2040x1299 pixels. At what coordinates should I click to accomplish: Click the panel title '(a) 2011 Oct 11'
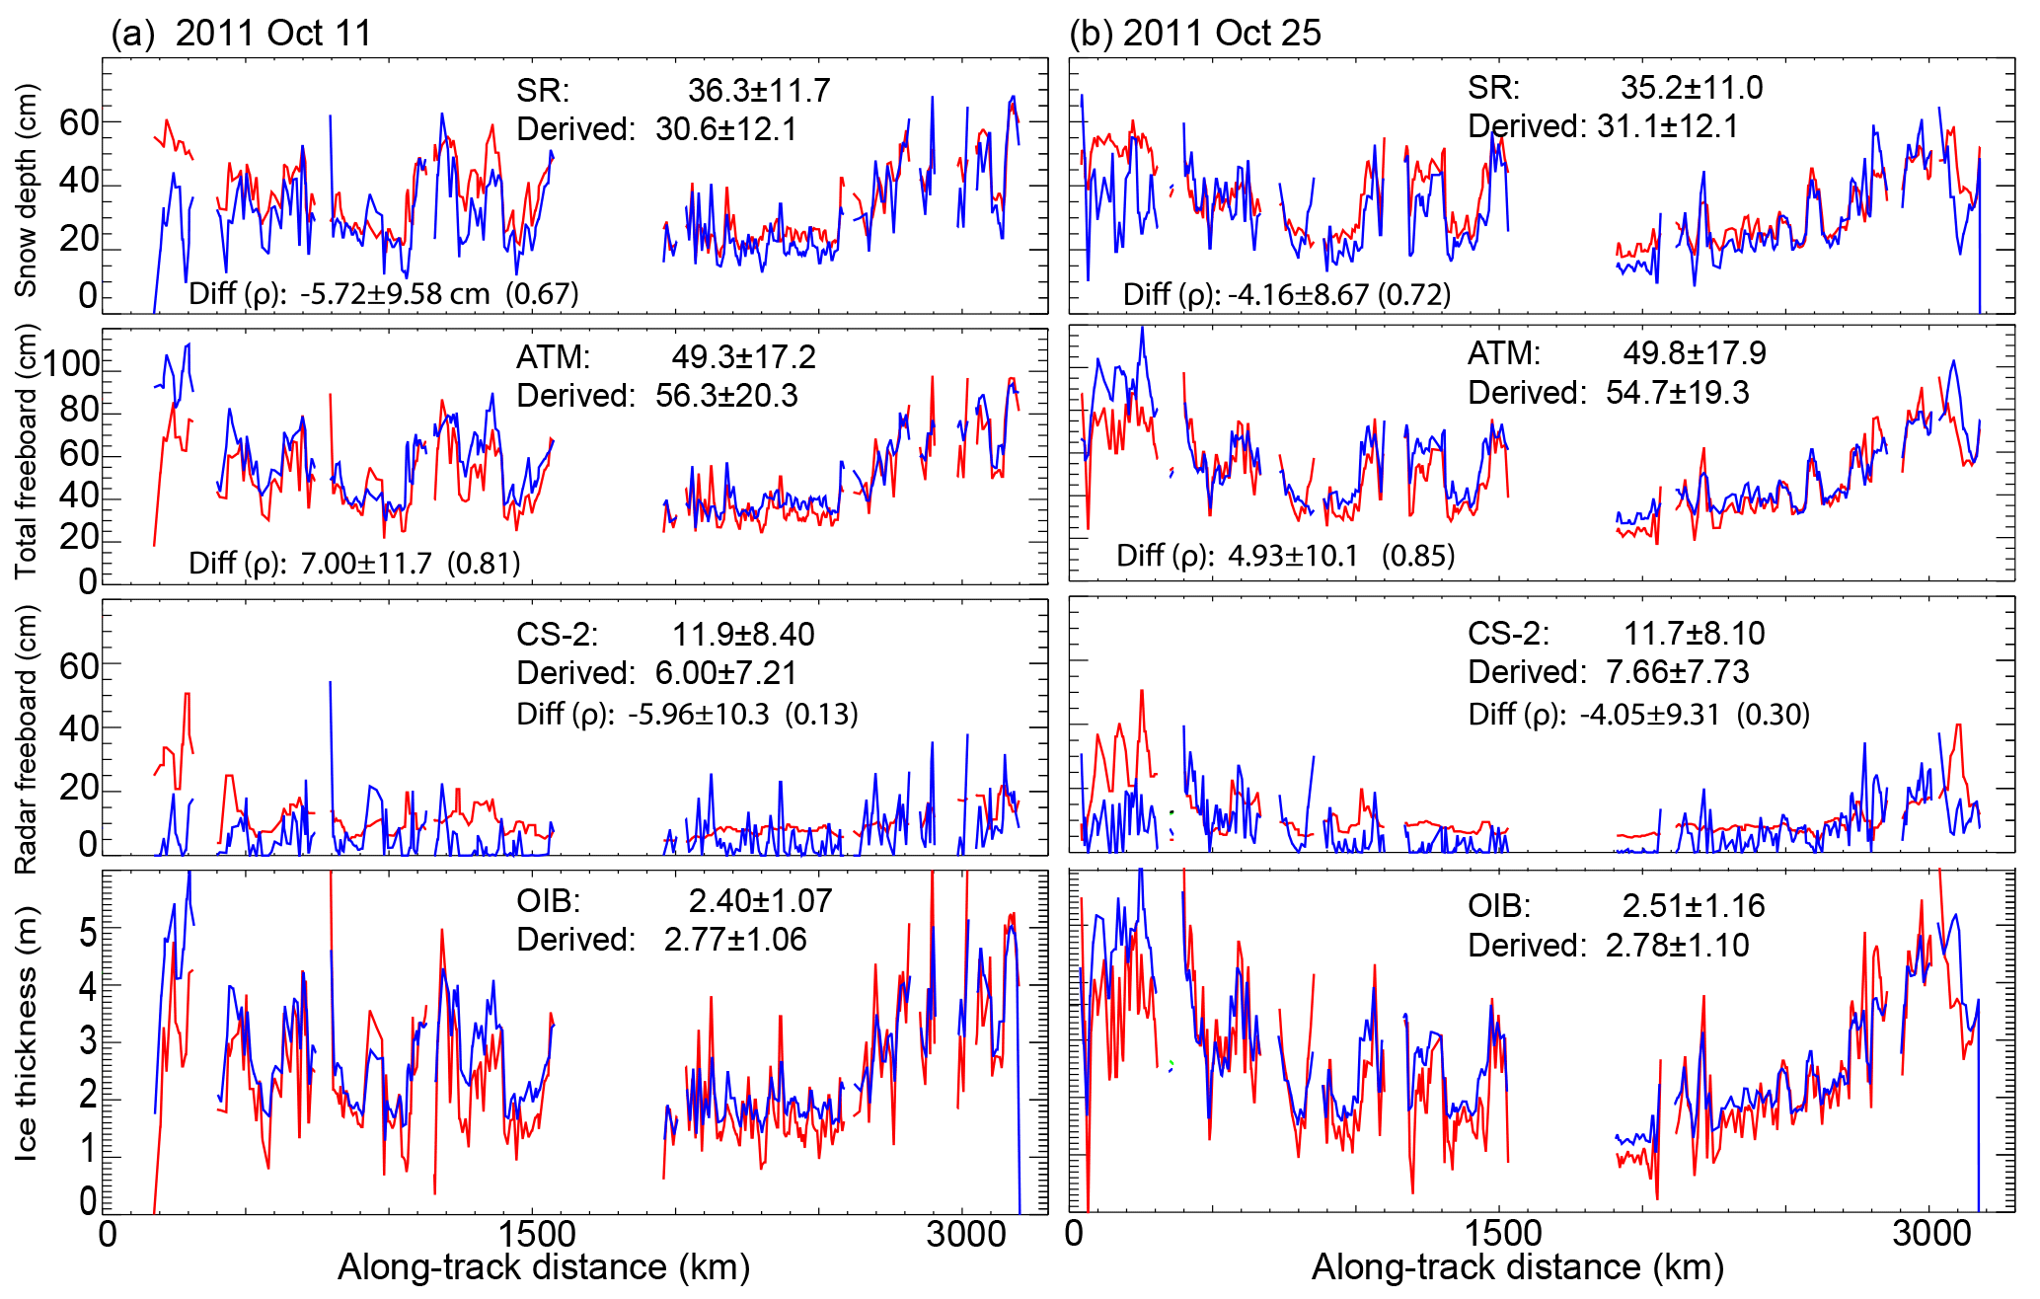pyautogui.click(x=241, y=33)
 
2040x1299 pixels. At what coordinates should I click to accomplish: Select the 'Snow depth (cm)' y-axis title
pyautogui.click(x=26, y=190)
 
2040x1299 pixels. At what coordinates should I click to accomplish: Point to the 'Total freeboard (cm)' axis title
pyautogui.click(x=26, y=452)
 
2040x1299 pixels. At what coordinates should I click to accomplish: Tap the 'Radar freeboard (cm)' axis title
pyautogui.click(x=26, y=738)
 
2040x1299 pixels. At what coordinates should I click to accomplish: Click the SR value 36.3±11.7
pyautogui.click(x=759, y=91)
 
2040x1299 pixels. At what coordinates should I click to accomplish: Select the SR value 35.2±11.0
pyautogui.click(x=1692, y=88)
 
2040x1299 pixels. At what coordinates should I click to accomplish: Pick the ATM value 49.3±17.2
pyautogui.click(x=744, y=357)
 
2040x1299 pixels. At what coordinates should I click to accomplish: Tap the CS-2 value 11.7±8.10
pyautogui.click(x=1695, y=634)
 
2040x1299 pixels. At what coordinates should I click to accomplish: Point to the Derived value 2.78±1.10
pyautogui.click(x=1677, y=946)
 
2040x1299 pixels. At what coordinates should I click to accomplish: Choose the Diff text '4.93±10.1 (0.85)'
pyautogui.click(x=1341, y=556)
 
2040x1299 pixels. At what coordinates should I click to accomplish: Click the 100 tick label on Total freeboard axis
pyautogui.click(x=71, y=364)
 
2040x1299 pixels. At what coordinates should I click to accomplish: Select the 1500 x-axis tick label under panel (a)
pyautogui.click(x=536, y=1234)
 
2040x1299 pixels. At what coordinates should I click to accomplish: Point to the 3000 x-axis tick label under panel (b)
pyautogui.click(x=1931, y=1234)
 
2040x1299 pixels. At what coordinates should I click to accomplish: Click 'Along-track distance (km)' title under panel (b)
pyautogui.click(x=1517, y=1267)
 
